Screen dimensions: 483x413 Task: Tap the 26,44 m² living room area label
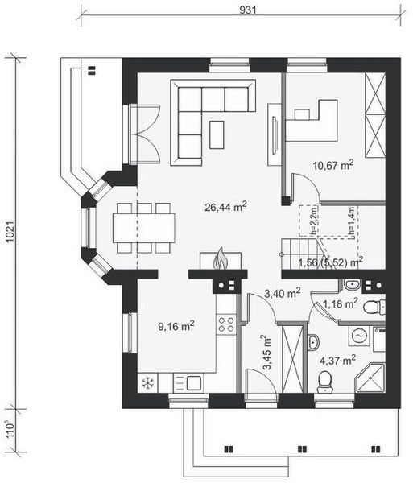click(225, 207)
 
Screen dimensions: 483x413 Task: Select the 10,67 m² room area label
click(333, 166)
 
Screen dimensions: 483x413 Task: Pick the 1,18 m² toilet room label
click(339, 303)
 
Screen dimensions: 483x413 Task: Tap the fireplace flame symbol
click(219, 259)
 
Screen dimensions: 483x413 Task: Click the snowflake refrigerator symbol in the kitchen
click(147, 383)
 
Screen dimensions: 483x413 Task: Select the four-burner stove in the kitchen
click(226, 324)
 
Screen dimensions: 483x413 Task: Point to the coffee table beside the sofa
click(217, 133)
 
